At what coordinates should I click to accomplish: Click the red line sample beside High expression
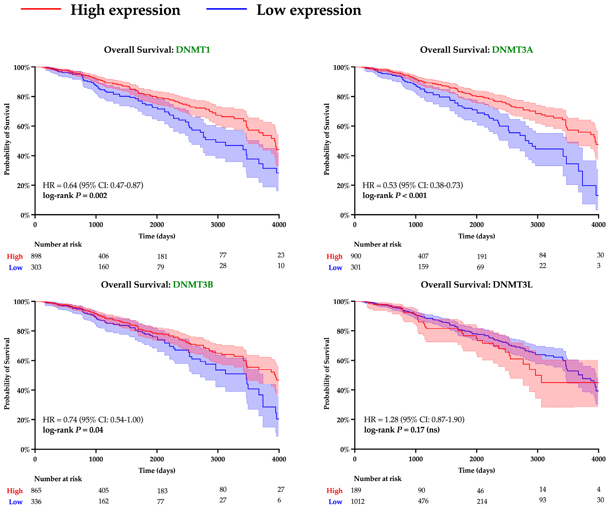coord(41,9)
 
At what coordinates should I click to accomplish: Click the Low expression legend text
coord(309,10)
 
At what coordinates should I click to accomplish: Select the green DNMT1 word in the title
coord(193,50)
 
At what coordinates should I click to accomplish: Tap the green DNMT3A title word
coord(512,50)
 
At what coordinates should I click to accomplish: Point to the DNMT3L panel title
coord(476,284)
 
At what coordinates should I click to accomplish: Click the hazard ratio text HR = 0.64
coord(93,185)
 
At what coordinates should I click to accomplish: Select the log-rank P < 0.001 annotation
coord(394,196)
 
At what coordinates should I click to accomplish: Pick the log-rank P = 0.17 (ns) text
coord(402,430)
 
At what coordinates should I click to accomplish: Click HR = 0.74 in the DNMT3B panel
coord(93,420)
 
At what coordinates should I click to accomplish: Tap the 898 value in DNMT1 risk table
coord(36,256)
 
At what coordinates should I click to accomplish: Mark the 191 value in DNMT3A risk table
coord(482,256)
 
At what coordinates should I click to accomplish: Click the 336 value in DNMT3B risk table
coord(36,501)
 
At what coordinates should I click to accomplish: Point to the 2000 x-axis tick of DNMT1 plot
coord(157,225)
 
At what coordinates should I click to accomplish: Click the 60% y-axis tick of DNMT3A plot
coord(343,127)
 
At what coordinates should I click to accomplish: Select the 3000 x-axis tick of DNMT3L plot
coord(537,459)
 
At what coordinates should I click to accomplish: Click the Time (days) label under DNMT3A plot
coord(477,236)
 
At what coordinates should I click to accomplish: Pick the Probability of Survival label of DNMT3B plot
coord(7,373)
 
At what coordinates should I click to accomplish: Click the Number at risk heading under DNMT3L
coord(377,479)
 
